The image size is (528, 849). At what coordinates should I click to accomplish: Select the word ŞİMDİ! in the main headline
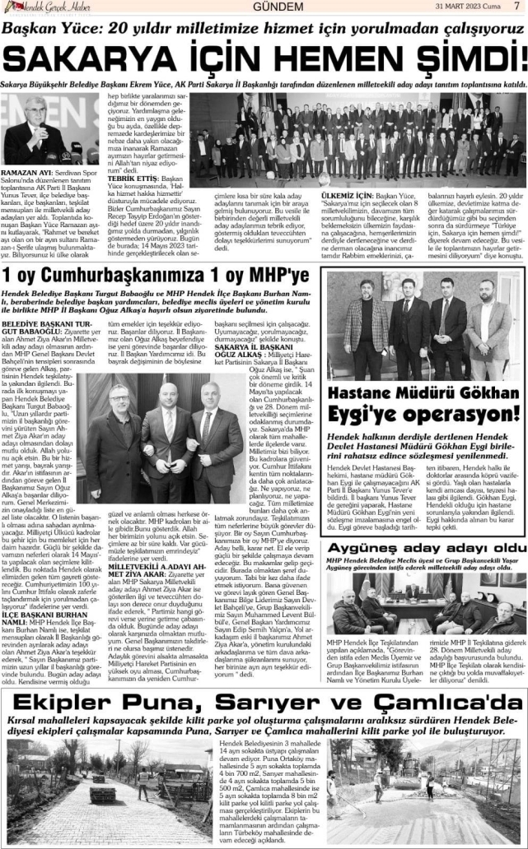click(465, 58)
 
